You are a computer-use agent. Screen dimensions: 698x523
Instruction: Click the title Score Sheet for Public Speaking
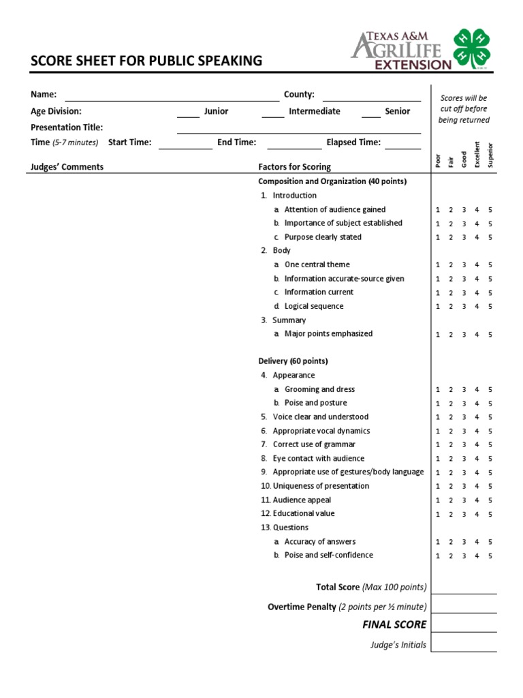146,61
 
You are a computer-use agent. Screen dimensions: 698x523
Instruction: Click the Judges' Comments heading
67,167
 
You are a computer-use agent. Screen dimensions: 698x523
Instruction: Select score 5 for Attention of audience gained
490,210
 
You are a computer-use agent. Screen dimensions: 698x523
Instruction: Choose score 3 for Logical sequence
464,307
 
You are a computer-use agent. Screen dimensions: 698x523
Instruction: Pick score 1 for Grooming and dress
438,390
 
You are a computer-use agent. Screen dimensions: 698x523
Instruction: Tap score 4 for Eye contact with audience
477,459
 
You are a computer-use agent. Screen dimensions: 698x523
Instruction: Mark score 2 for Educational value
451,515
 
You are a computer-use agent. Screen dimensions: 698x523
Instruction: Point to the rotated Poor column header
438,160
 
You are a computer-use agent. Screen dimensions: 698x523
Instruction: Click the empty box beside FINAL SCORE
464,624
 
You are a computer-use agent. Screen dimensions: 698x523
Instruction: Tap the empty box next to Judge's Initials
464,643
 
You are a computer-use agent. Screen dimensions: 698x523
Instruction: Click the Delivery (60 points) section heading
293,361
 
